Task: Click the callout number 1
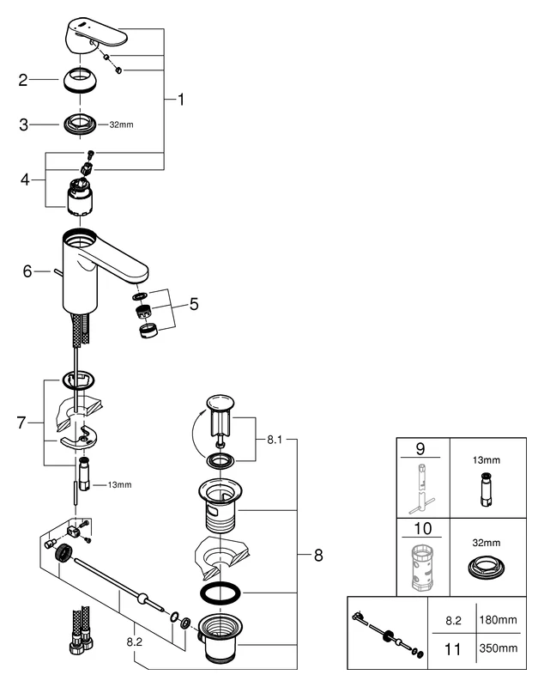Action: point(180,100)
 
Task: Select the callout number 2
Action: point(23,82)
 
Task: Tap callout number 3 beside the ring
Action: point(23,125)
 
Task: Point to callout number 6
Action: point(27,271)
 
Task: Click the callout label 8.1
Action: point(275,438)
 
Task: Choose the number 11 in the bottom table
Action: point(445,651)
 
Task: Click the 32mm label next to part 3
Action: point(122,125)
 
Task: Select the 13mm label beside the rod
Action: point(119,485)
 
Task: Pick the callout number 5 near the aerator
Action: point(193,303)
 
